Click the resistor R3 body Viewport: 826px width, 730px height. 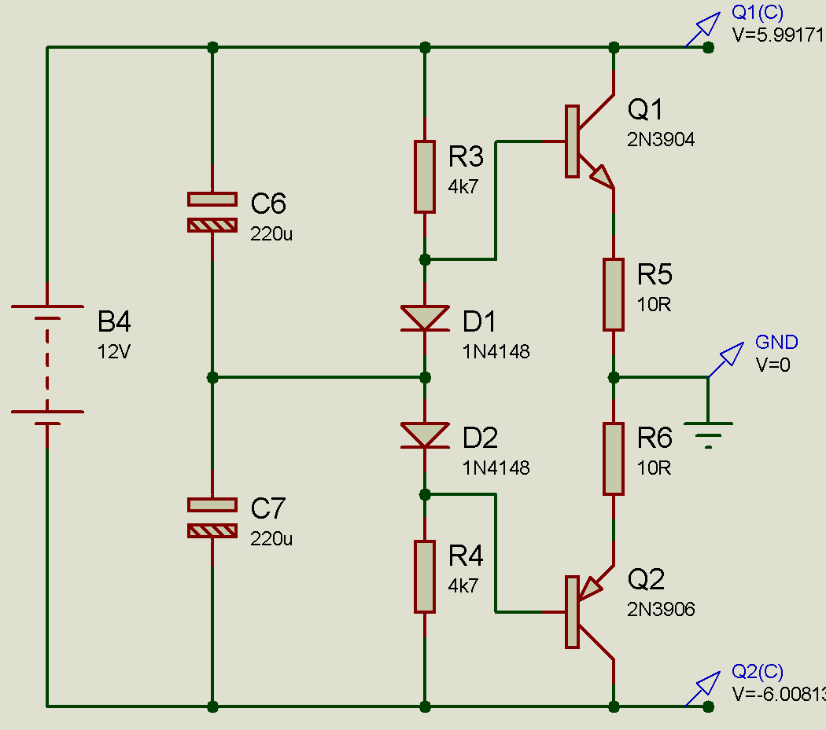425,177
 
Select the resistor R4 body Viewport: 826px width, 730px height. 425,577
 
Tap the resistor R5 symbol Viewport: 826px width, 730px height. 614,295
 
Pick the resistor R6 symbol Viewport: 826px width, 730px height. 614,459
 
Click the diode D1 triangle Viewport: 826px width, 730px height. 425,317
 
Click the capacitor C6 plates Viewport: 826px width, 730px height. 212,212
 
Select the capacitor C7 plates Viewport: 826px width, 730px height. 212,519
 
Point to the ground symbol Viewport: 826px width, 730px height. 708,435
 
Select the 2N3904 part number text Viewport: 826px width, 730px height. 661,140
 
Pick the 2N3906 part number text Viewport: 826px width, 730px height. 661,609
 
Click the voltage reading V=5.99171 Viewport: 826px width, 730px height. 777,35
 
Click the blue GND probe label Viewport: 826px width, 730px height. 776,342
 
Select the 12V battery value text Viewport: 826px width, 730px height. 113,352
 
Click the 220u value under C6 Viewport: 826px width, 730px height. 271,233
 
